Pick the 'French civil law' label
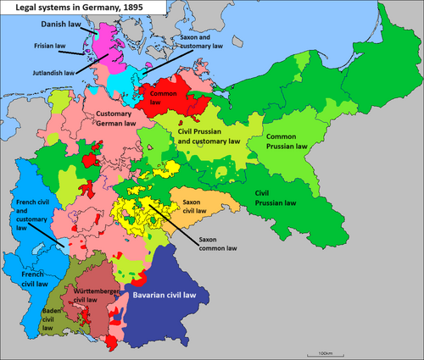(33, 280)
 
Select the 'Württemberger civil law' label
(99, 295)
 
